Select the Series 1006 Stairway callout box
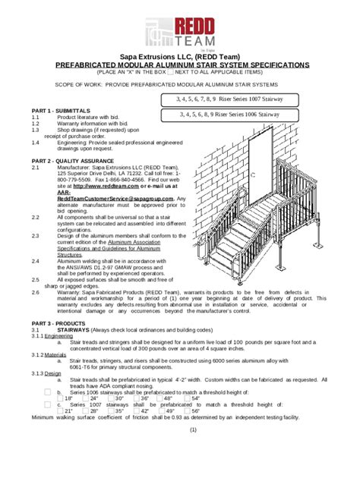229,115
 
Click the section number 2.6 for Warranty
36,291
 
